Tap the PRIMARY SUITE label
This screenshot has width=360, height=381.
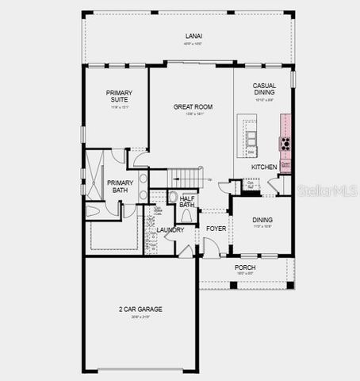pyautogui.click(x=120, y=97)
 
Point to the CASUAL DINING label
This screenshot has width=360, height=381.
pyautogui.click(x=264, y=90)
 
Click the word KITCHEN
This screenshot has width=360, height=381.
pyautogui.click(x=264, y=167)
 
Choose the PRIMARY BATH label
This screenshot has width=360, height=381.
pyautogui.click(x=120, y=186)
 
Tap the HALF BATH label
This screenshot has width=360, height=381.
pyautogui.click(x=187, y=202)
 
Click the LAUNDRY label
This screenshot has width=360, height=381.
pyautogui.click(x=170, y=230)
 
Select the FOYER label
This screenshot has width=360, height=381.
pyautogui.click(x=216, y=229)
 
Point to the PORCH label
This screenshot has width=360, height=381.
pyautogui.click(x=244, y=267)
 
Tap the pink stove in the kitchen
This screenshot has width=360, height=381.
pyautogui.click(x=284, y=144)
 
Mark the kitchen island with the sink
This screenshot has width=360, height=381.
pyautogui.click(x=251, y=139)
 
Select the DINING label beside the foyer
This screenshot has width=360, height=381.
pyautogui.click(x=262, y=220)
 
